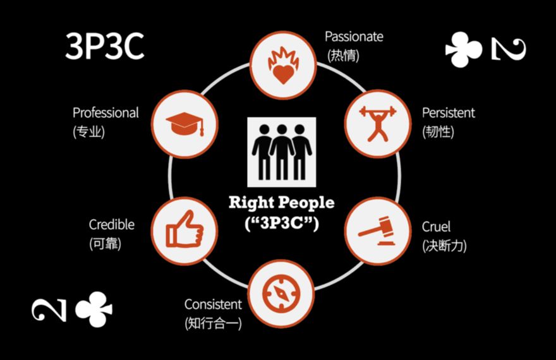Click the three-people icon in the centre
point(281,152)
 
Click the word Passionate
point(354,37)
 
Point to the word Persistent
point(449,113)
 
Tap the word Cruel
point(436,227)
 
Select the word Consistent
point(213,304)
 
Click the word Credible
point(112,225)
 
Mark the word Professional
point(106,113)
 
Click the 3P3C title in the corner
point(105,47)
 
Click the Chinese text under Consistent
point(212,323)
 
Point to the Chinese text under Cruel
point(444,246)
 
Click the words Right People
point(281,203)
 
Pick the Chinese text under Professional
point(88,132)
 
